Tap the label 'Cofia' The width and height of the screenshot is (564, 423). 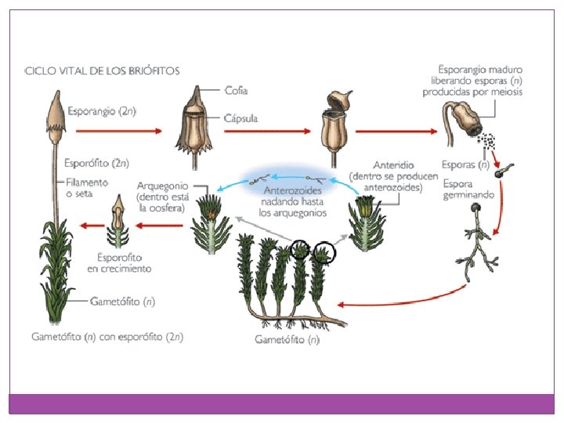point(237,90)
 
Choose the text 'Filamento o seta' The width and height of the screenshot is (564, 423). point(86,188)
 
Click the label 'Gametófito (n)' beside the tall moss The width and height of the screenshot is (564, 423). point(122,300)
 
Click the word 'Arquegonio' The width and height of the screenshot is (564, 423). point(165,186)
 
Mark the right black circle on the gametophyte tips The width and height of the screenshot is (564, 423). point(323,252)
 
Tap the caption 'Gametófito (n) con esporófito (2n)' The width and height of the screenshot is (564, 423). point(107,338)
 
